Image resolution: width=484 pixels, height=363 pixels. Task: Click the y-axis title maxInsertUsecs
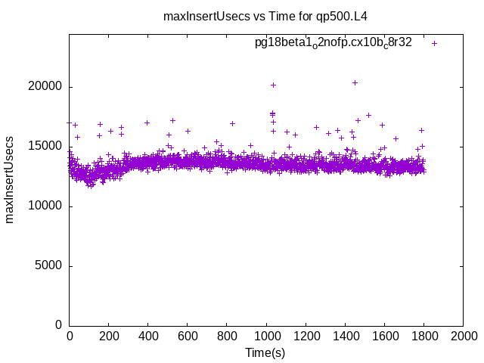10,180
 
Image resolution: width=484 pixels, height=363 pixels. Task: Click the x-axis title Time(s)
265,352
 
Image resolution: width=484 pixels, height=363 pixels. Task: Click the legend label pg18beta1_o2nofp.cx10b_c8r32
333,43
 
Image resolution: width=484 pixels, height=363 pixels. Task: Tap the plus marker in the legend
434,43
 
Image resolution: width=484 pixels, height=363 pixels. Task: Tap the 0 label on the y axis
59,325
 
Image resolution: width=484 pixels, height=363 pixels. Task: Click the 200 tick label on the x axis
109,336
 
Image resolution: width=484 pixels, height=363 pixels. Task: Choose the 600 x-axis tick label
188,336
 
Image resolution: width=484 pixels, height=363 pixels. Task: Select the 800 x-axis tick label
227,336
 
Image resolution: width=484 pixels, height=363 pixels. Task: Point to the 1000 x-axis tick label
266,336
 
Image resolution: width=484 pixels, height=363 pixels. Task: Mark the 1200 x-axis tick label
306,336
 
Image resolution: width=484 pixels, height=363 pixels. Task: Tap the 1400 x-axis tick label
345,336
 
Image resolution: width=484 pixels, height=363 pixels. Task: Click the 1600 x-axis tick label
384,336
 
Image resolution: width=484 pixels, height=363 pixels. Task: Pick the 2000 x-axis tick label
463,336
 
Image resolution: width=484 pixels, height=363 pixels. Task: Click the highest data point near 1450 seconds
355,82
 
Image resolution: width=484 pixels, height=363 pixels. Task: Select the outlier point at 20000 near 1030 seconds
273,85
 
